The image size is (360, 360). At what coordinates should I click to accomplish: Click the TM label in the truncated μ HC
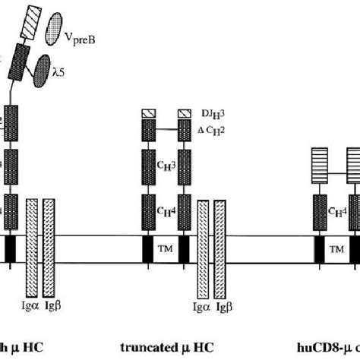pos(167,249)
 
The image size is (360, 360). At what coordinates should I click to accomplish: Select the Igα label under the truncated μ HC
pos(202,308)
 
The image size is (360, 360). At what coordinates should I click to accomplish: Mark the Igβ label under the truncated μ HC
pos(224,308)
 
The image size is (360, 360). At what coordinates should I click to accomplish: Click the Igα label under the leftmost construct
pos(31,308)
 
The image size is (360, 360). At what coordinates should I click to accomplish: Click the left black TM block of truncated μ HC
pos(149,248)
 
